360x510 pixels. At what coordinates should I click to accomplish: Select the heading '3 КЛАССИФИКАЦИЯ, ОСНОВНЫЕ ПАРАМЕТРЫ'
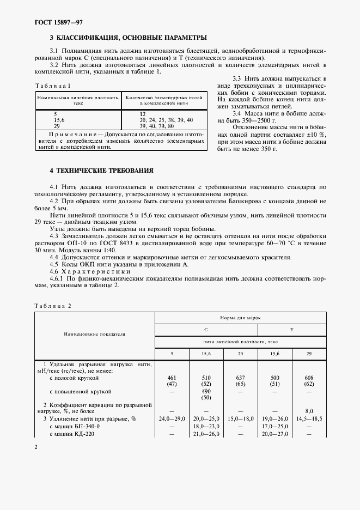pyautogui.click(x=128, y=38)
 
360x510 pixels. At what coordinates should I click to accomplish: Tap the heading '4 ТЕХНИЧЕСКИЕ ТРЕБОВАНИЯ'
pyautogui.click(x=101, y=170)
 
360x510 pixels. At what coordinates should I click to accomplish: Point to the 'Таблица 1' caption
pyautogui.click(x=52, y=86)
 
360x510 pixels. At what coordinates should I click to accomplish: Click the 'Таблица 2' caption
pyautogui.click(x=53, y=306)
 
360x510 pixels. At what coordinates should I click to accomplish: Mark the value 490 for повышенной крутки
pyautogui.click(x=206, y=391)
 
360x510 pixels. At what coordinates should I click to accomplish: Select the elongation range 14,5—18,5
pyautogui.click(x=309, y=418)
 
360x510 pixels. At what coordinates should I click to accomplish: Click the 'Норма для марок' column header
pyautogui.click(x=241, y=316)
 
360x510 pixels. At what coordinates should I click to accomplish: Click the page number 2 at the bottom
pyautogui.click(x=36, y=447)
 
